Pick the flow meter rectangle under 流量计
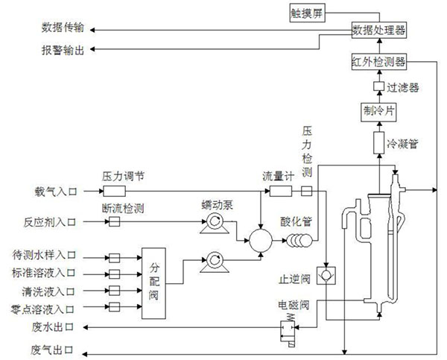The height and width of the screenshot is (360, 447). [x=280, y=192]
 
